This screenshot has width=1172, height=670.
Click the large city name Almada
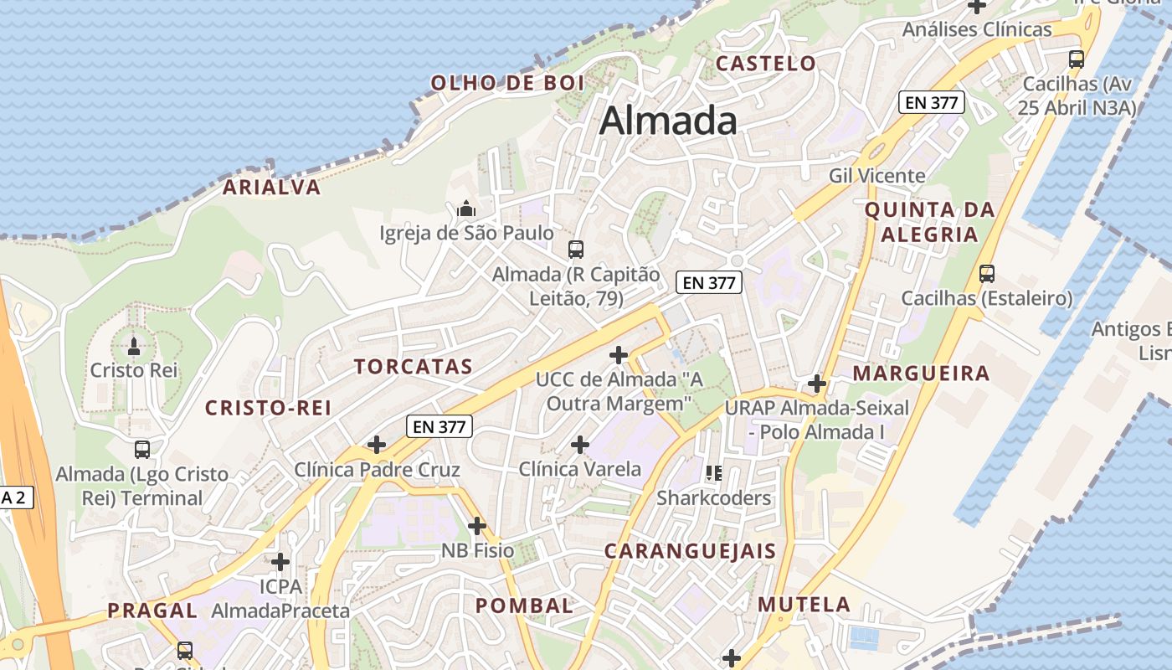pos(668,121)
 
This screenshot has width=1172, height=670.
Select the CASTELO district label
pos(765,64)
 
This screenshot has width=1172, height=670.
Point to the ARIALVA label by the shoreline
pos(271,188)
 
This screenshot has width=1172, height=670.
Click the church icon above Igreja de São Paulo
pos(466,208)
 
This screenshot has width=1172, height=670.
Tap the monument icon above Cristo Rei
pos(133,345)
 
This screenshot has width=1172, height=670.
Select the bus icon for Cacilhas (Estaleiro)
pos(987,274)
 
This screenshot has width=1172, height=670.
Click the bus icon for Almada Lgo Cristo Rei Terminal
pos(142,450)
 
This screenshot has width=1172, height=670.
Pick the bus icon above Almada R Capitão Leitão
pos(576,249)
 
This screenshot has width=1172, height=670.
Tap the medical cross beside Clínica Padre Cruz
pos(377,445)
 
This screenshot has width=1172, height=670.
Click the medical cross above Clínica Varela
pos(579,444)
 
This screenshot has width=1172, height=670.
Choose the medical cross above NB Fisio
pos(477,526)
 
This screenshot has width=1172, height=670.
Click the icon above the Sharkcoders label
pos(713,473)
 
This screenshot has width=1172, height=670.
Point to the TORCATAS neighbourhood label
pos(413,367)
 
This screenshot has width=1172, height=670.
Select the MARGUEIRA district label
pos(921,374)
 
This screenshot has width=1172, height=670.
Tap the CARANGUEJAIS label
pos(690,551)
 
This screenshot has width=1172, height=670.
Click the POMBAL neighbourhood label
pos(525,606)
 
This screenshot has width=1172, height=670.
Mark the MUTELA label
pos(804,604)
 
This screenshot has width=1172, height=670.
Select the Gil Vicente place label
pos(876,176)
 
